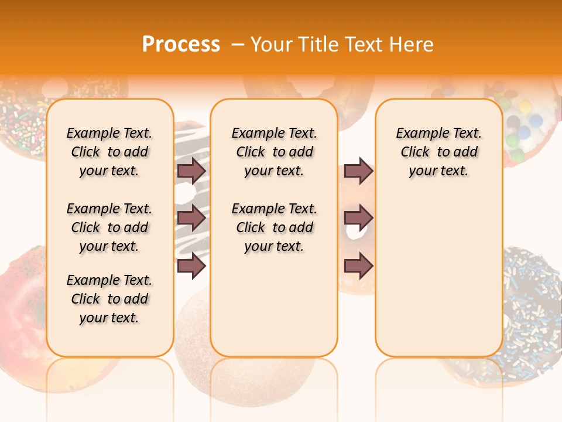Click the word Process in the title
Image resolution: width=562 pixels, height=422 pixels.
181,44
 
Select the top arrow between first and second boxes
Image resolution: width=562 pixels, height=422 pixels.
191,171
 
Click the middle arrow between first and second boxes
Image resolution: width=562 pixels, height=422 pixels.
191,218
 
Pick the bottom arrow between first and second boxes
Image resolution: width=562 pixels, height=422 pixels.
191,266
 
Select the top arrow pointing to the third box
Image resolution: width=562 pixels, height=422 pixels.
358,171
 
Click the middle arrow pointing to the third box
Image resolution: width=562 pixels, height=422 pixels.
358,218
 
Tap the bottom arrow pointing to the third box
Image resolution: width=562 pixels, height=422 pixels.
358,266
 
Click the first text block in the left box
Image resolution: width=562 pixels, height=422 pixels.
109,152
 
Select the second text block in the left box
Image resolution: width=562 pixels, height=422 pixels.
109,227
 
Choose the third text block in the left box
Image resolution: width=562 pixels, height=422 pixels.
109,299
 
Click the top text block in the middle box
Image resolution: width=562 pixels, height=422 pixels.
274,152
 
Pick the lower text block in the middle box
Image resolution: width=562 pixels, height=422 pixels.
274,227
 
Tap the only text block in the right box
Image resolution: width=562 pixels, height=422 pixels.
438,152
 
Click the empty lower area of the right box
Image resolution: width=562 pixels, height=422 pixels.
438,275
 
